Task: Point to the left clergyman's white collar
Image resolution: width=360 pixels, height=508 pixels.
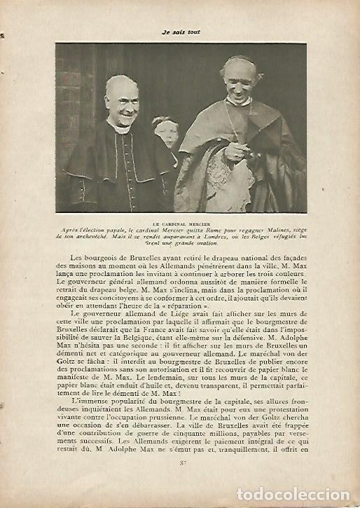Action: click(x=117, y=129)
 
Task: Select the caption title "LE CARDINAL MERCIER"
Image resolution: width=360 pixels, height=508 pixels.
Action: click(x=180, y=225)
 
